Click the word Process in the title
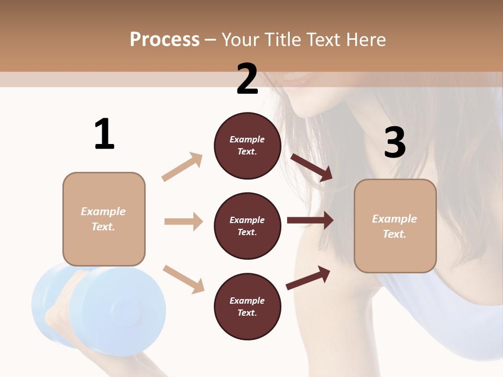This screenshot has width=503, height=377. click(x=165, y=40)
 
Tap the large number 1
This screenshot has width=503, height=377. click(x=104, y=134)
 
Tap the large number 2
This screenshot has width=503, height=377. click(x=247, y=80)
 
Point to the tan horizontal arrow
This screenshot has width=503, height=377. click(x=183, y=221)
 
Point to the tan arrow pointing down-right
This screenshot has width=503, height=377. click(x=183, y=279)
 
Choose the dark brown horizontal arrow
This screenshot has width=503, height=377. click(x=310, y=220)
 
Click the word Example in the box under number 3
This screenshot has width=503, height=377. click(x=395, y=219)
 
